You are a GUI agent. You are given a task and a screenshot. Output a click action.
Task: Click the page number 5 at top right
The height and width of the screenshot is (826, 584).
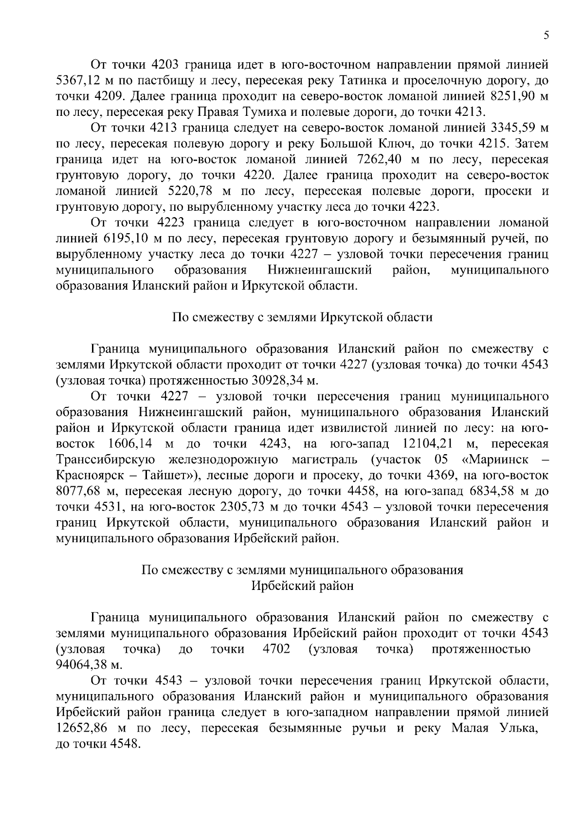[x=546, y=35]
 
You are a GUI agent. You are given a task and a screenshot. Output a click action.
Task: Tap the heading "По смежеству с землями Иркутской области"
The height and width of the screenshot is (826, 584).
[x=302, y=317]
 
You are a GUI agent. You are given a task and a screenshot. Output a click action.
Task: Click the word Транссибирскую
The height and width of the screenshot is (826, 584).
[x=106, y=459]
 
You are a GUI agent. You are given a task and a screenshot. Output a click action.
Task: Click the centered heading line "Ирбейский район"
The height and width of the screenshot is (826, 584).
[x=302, y=586]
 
